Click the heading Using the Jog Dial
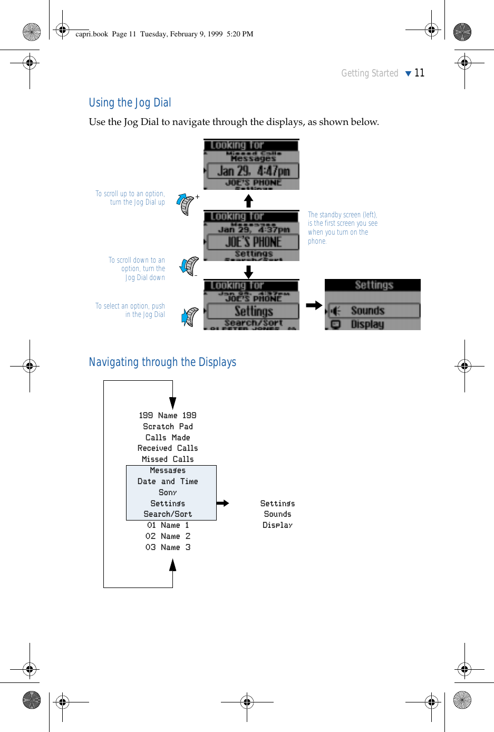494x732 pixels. tap(130, 103)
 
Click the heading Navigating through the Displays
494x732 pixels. tap(162, 362)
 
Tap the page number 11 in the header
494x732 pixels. tap(420, 73)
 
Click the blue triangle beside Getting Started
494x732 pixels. tap(408, 74)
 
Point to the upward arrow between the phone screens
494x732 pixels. tap(249, 200)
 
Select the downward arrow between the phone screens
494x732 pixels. tap(249, 272)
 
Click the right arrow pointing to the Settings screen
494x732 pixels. tap(314, 305)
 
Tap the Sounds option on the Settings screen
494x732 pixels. tap(368, 311)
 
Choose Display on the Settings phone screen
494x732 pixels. tap(367, 324)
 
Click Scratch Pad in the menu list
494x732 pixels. tap(168, 427)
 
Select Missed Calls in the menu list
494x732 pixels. tap(168, 459)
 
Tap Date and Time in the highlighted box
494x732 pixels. tap(168, 481)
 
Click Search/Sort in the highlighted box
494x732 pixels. tap(168, 514)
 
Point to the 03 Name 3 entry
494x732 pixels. tap(168, 547)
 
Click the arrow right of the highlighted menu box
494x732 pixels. tap(223, 503)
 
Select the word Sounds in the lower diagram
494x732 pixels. tap(277, 514)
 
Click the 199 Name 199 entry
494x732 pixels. tap(168, 416)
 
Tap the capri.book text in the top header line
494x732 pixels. tap(92, 34)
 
